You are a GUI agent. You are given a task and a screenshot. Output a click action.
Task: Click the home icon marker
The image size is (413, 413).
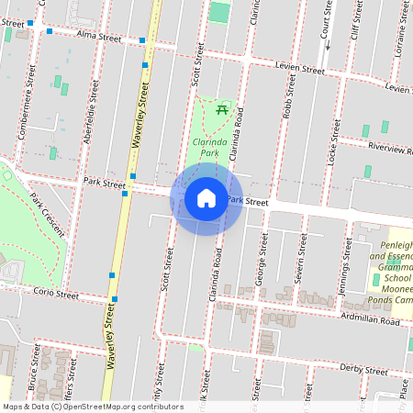click(206, 198)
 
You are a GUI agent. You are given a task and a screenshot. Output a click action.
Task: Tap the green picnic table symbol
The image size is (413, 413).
click(221, 111)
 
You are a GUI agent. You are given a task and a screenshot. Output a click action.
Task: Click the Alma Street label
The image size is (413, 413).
click(99, 39)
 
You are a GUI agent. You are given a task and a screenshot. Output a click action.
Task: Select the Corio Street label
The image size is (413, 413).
click(58, 295)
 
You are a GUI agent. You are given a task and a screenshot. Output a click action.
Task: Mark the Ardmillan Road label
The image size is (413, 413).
click(370, 322)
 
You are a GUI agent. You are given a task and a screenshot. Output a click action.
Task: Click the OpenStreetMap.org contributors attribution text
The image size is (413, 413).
click(117, 406)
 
